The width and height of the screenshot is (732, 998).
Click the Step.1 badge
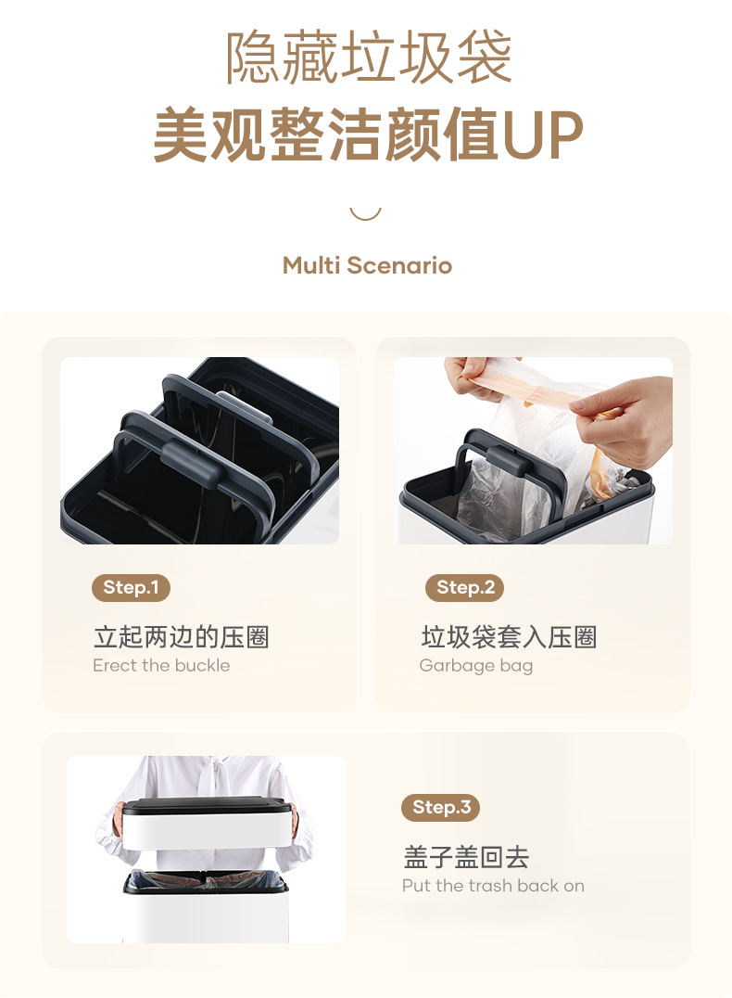tap(131, 587)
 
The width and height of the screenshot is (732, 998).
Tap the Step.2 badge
tap(464, 587)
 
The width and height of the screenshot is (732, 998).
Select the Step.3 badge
tap(440, 808)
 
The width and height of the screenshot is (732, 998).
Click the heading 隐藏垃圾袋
tap(369, 58)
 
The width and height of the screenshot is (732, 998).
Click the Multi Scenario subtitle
tap(367, 265)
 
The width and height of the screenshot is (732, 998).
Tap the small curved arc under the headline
tap(366, 215)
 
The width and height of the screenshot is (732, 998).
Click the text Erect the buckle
tap(161, 666)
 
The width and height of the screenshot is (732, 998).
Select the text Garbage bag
tap(475, 666)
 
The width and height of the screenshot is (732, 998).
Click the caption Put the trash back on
tap(493, 886)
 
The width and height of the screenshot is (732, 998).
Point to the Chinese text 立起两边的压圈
tap(182, 637)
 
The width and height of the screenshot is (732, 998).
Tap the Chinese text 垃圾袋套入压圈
tap(509, 637)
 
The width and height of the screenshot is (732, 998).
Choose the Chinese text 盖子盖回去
tap(466, 857)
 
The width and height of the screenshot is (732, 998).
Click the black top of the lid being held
tap(207, 805)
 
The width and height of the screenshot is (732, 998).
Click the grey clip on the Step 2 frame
tap(507, 459)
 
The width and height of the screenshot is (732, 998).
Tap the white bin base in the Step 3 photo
tap(206, 916)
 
